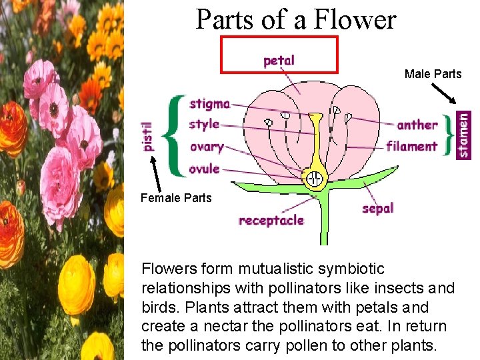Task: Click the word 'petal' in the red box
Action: point(279,61)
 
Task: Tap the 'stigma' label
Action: point(209,104)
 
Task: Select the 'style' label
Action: point(204,124)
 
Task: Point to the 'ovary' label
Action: point(206,147)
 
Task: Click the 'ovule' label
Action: point(204,169)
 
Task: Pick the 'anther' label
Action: point(417,125)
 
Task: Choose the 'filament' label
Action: point(412,146)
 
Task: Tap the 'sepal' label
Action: point(378,208)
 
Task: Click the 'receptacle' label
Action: point(271,220)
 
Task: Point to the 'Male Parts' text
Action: point(433,74)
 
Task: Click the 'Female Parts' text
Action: point(176,197)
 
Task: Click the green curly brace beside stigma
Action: point(175,135)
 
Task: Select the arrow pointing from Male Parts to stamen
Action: point(445,93)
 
